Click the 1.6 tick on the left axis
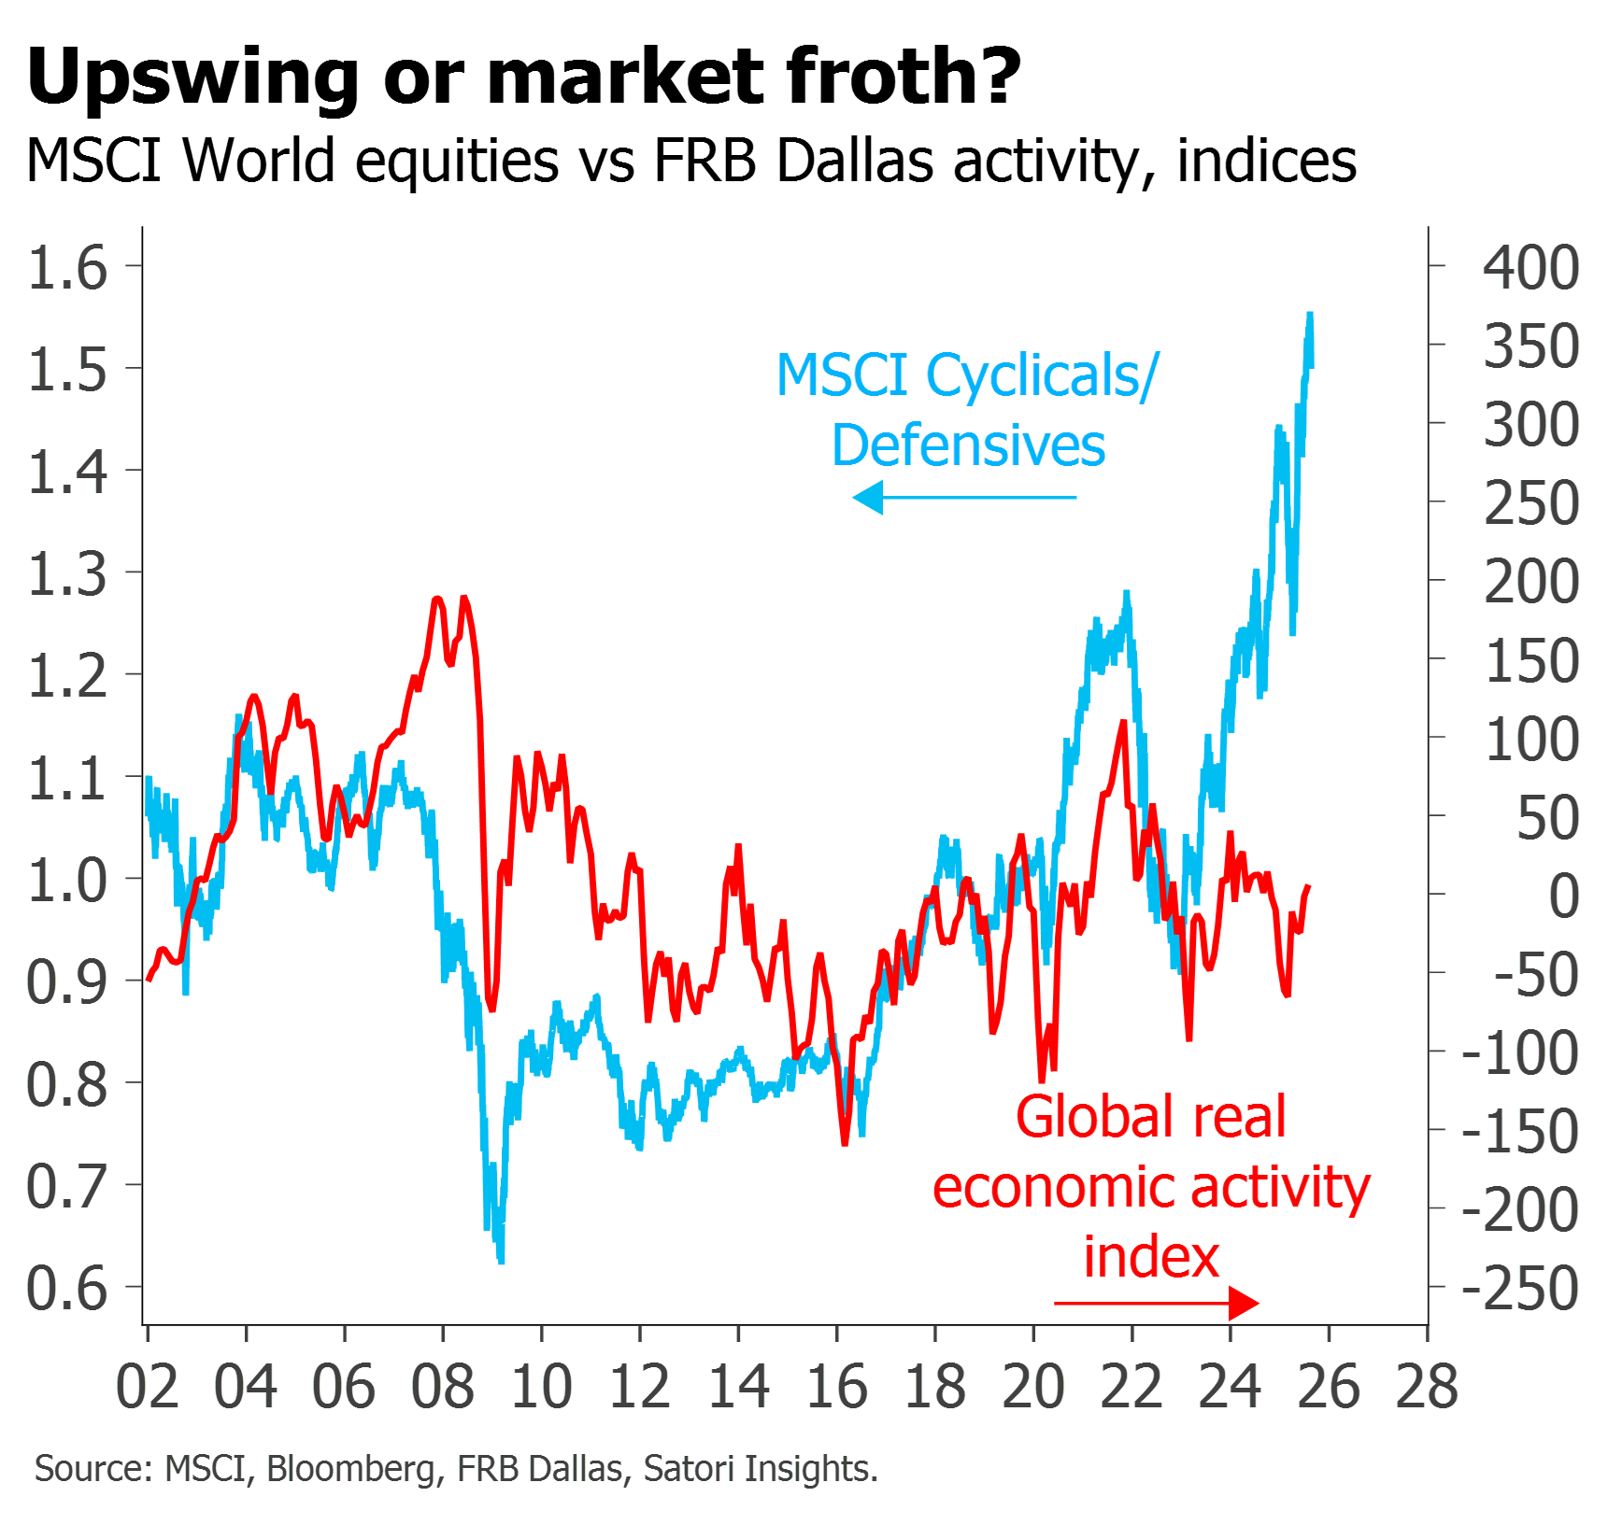[68, 267]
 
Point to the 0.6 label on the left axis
[67, 1288]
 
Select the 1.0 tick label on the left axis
[67, 880]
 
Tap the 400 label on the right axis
[1531, 268]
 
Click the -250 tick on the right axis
[1520, 1289]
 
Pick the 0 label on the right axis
[1564, 896]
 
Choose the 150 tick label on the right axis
[1531, 660]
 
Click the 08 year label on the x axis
[443, 1386]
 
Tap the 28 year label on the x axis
[1427, 1386]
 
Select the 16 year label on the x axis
[837, 1386]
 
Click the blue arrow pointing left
[963, 497]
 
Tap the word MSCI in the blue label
[842, 374]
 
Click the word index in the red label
[1151, 1257]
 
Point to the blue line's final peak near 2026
[1311, 316]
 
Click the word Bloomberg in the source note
[350, 1469]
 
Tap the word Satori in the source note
[690, 1469]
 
